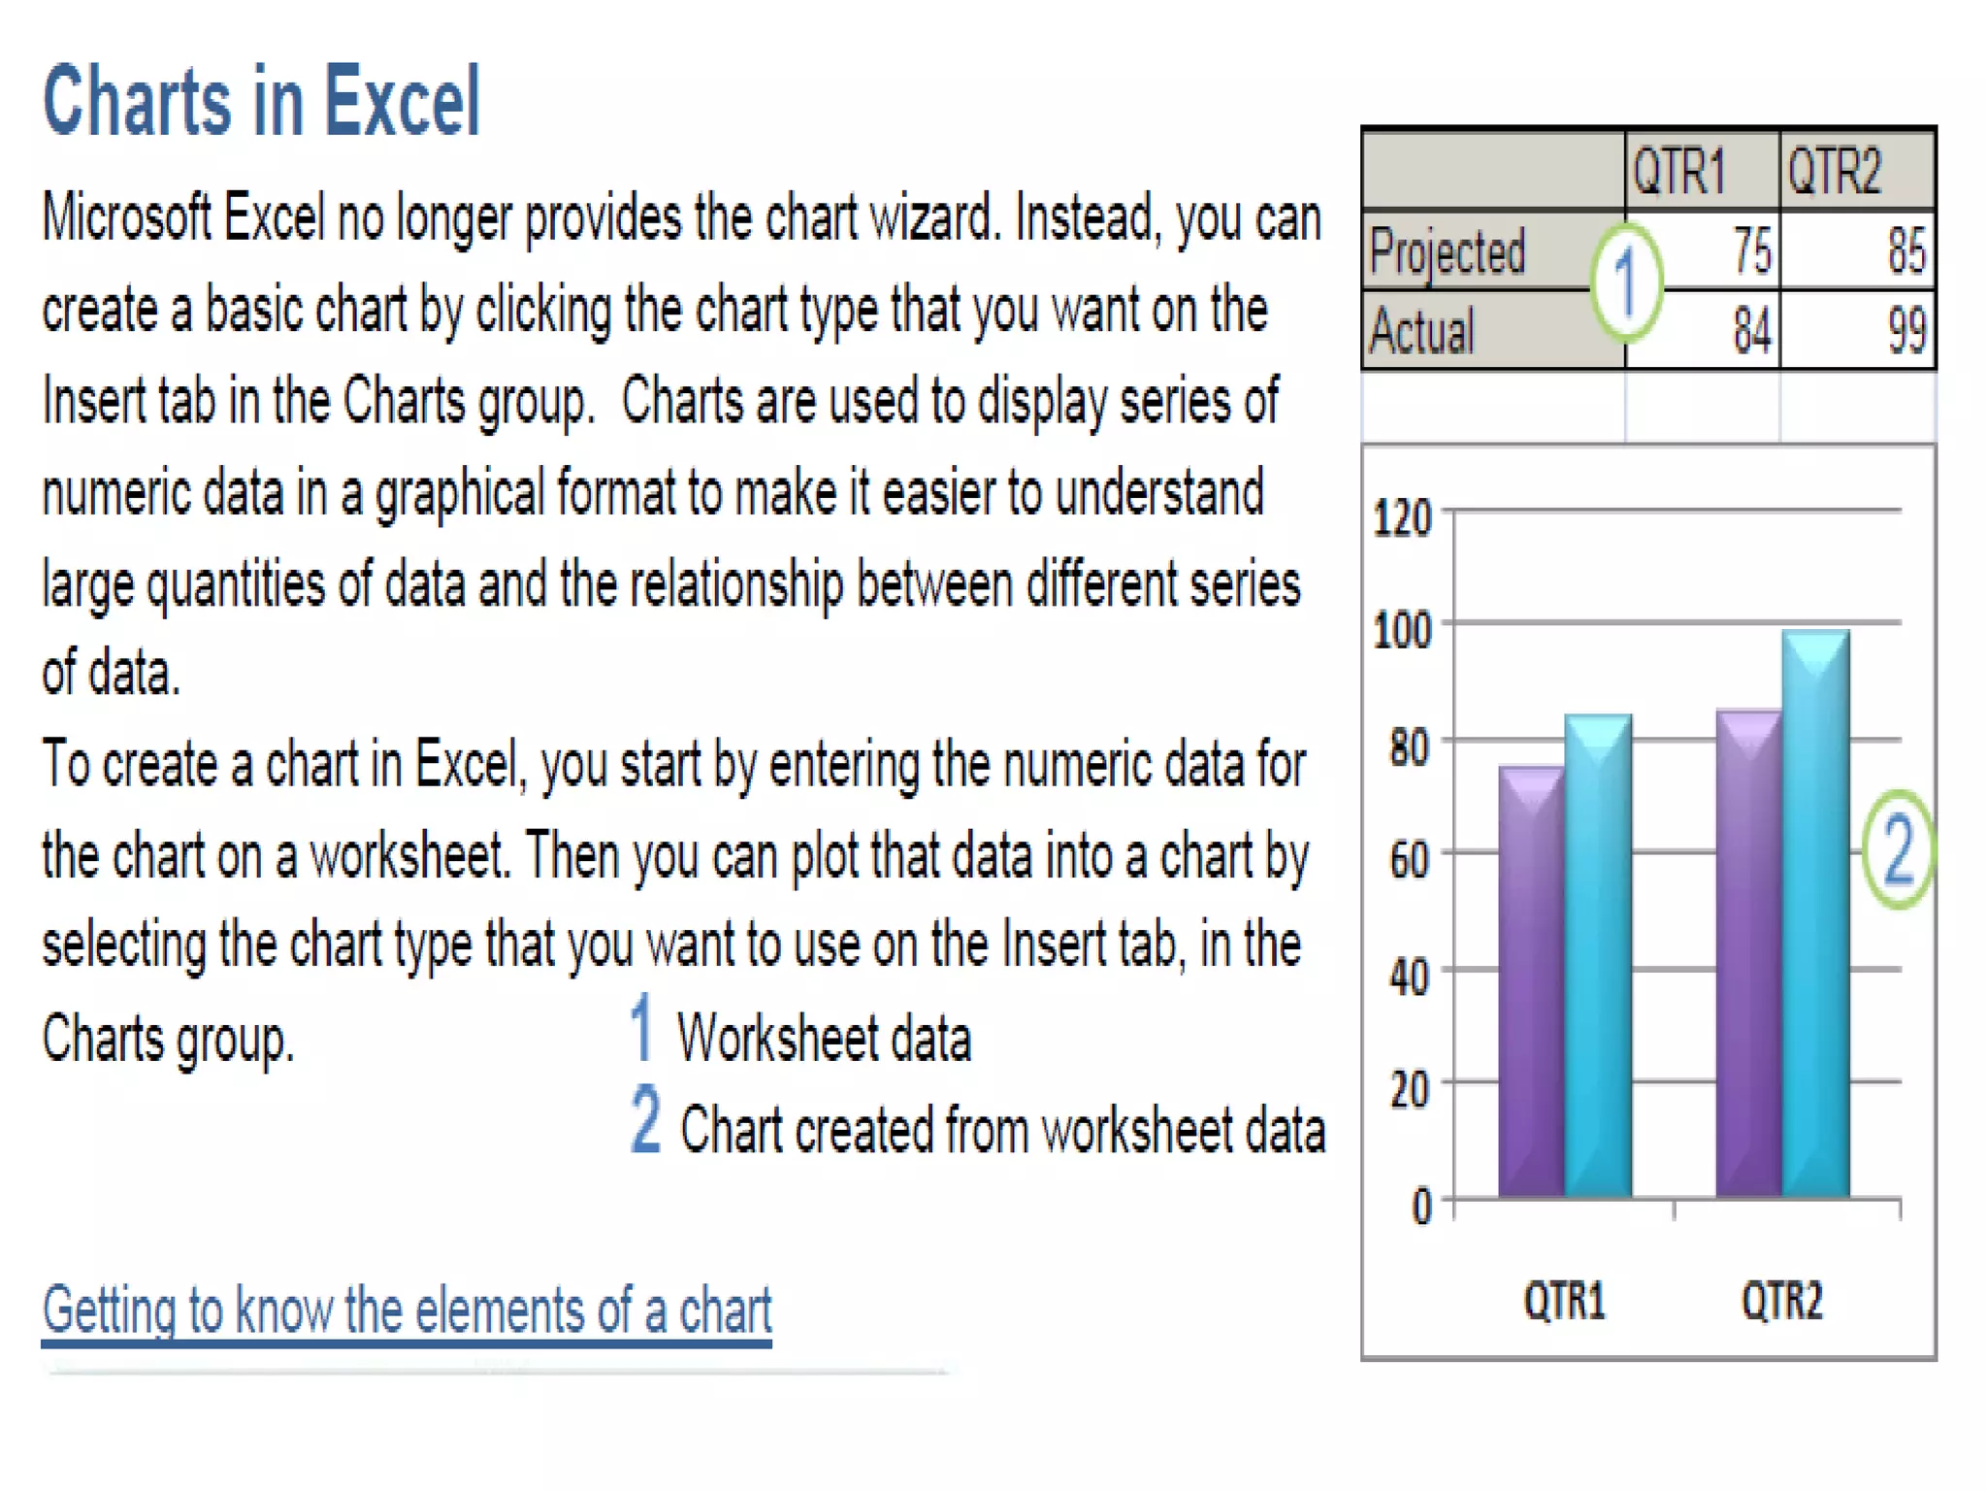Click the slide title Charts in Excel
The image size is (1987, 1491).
[262, 101]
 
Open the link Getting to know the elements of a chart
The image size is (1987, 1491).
[407, 1310]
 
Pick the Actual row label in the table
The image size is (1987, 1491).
[1422, 331]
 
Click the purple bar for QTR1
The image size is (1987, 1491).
[1531, 980]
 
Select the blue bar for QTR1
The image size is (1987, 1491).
[1598, 956]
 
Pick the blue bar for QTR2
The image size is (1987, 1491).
[1815, 912]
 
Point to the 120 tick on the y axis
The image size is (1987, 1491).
[1402, 518]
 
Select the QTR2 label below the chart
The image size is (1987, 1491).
[1782, 1301]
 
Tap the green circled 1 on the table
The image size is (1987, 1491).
[1626, 282]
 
